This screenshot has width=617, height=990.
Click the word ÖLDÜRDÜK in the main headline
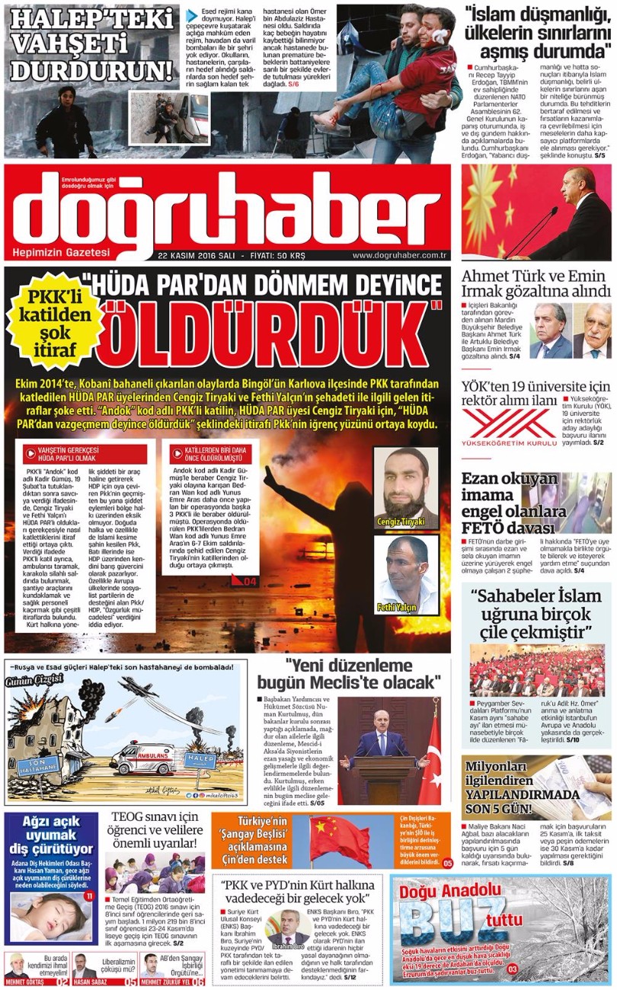[x=267, y=335]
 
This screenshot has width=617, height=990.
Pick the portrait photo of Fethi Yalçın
[x=405, y=573]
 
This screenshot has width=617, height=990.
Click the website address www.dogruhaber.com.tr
[x=398, y=256]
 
